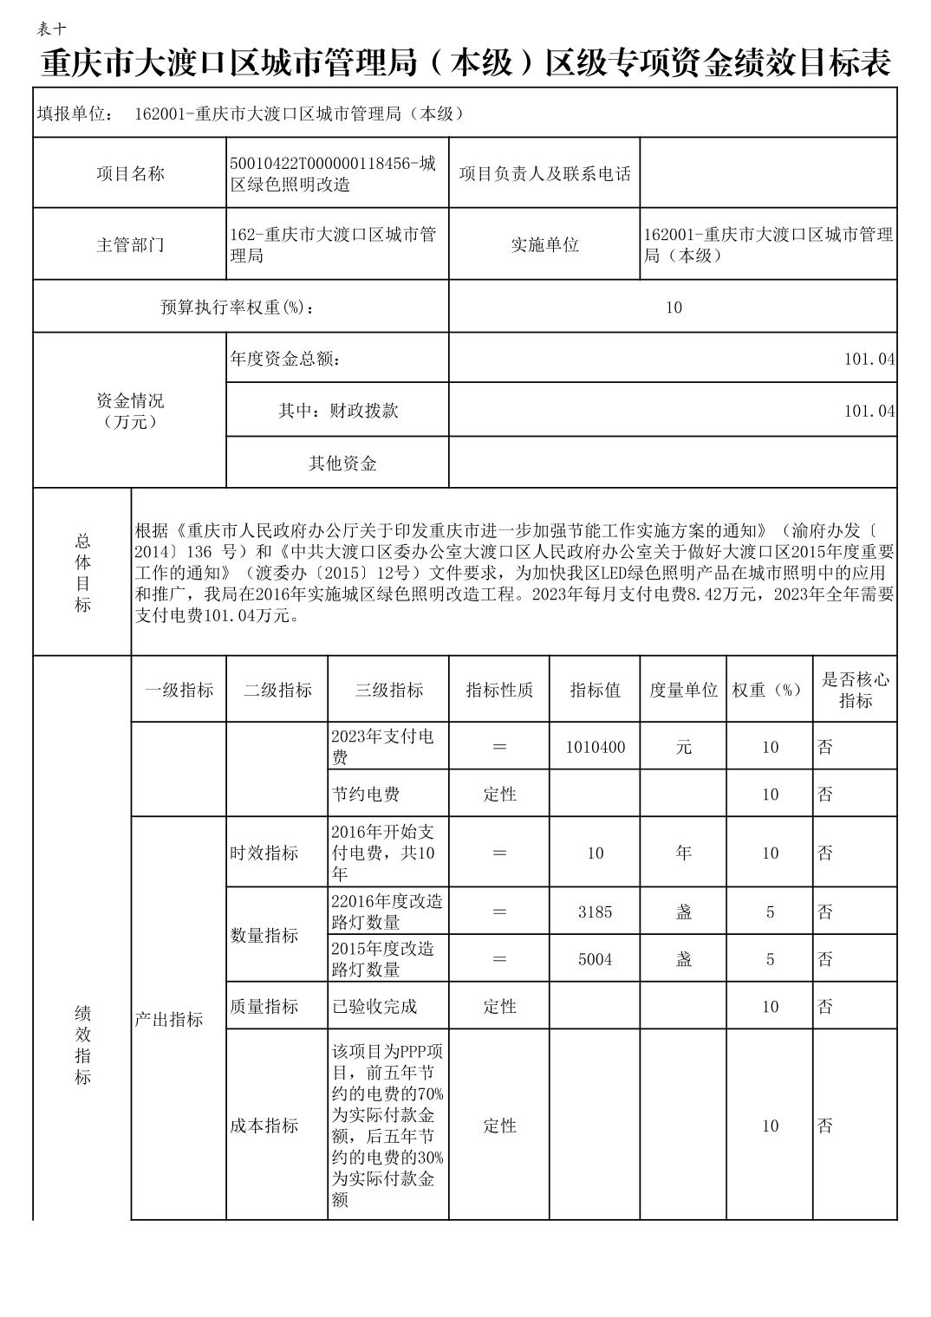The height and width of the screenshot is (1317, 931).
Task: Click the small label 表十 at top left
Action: [x=51, y=29]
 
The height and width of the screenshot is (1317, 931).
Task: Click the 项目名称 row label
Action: [x=129, y=173]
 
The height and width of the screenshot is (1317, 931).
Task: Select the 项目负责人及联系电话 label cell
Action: [x=544, y=173]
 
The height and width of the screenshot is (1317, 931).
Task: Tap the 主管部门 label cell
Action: [x=129, y=244]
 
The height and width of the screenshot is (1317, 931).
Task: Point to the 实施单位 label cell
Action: [x=544, y=244]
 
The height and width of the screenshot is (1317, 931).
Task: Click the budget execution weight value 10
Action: [x=674, y=307]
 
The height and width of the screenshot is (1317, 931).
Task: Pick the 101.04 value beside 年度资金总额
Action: [x=869, y=359]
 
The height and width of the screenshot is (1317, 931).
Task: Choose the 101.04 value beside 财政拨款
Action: [x=869, y=411]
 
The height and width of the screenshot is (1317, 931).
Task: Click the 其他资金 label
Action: [x=342, y=463]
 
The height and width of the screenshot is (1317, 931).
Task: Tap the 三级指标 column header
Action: [x=388, y=690]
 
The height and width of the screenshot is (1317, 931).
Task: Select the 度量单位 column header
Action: [x=683, y=690]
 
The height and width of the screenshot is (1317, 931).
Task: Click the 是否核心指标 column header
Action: [x=854, y=690]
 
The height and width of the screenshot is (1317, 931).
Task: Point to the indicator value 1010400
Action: [x=595, y=747]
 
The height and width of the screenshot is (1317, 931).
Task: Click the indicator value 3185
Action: [x=595, y=912]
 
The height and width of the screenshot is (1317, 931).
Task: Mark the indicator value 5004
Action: [x=595, y=959]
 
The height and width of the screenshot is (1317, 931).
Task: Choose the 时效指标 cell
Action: [x=264, y=853]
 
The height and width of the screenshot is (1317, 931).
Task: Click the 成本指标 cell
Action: [x=264, y=1126]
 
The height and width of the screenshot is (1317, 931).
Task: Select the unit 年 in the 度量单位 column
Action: [x=683, y=853]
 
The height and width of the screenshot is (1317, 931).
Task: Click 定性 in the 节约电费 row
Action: [x=499, y=794]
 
